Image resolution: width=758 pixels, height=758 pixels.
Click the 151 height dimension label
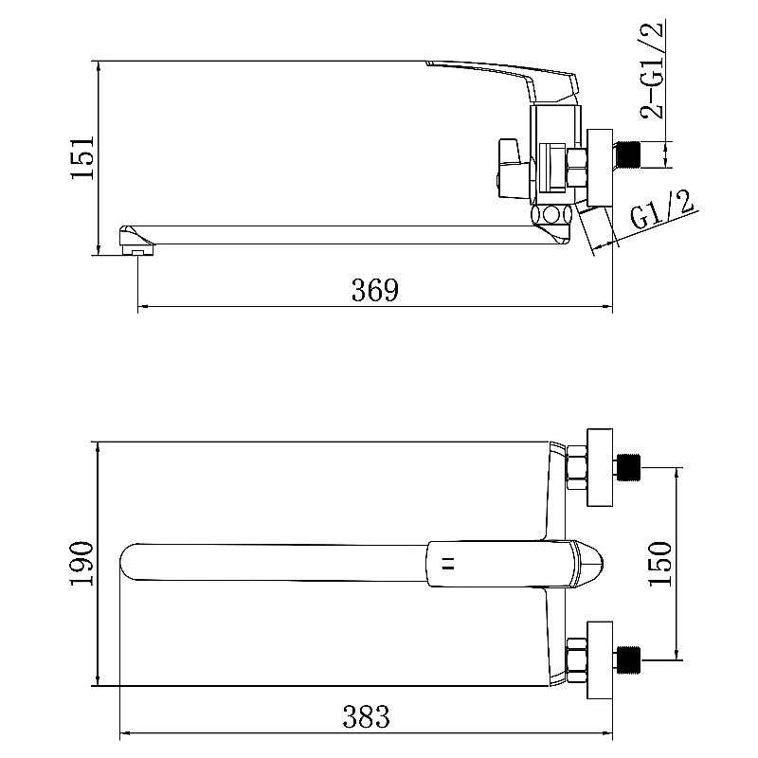tap(82, 157)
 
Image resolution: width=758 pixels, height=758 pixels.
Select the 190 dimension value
tap(82, 564)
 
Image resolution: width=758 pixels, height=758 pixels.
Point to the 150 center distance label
tap(659, 563)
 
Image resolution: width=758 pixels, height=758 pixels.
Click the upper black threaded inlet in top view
tap(628, 467)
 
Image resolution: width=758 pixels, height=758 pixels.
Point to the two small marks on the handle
tap(448, 564)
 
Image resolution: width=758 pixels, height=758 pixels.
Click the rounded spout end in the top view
tap(133, 563)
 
